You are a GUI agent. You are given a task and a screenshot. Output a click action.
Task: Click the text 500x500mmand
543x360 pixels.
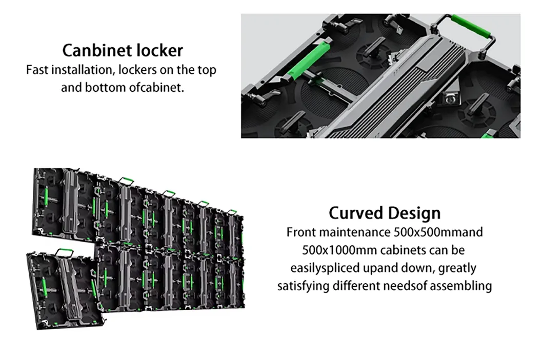tap(438, 232)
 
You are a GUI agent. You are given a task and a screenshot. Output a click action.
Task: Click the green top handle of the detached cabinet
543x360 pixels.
tap(64, 251)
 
